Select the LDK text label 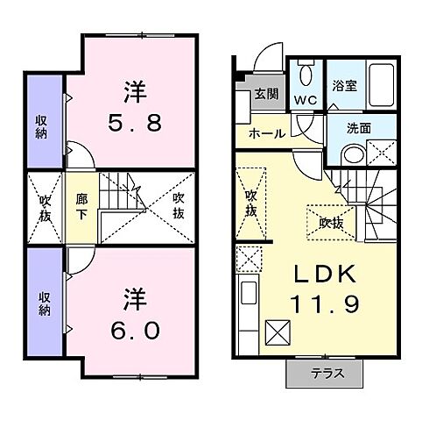[326, 274]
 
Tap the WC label [306, 101]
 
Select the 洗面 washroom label [359, 127]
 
